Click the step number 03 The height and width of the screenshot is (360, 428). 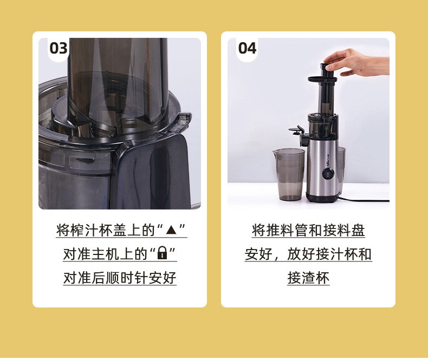point(59,48)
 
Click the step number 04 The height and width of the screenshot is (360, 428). point(247,48)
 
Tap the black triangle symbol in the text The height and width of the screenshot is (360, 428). point(172,230)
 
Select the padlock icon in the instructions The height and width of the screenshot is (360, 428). point(163,253)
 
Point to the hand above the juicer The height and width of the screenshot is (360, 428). point(358,62)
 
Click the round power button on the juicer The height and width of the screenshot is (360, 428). point(328,174)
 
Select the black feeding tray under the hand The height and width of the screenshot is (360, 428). point(322,79)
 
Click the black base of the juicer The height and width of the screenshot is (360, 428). point(323,197)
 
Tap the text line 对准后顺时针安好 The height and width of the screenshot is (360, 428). point(120,278)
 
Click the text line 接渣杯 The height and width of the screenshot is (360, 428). point(308,278)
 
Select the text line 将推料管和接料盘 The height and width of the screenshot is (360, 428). point(308,230)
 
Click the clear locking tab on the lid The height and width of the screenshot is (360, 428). point(184,120)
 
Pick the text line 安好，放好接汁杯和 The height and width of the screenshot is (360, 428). point(308,254)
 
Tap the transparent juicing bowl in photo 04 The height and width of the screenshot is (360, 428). point(323,126)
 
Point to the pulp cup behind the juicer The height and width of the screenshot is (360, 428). point(342,168)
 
